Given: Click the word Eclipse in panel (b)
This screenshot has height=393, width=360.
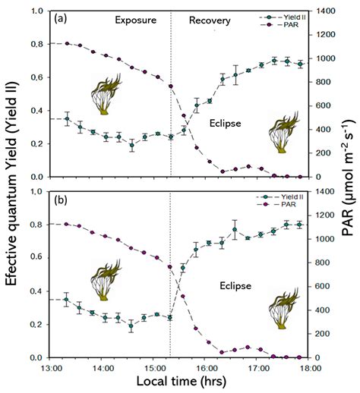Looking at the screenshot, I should [x=232, y=287].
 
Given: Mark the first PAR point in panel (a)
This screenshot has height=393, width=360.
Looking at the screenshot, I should [x=67, y=43].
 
